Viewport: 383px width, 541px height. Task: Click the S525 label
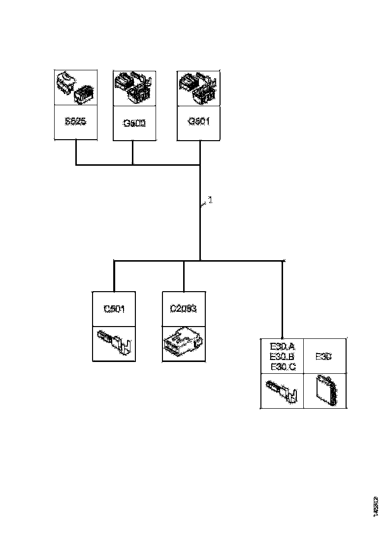click(75, 121)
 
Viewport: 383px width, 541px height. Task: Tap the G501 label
click(199, 121)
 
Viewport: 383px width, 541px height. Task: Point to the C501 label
click(114, 309)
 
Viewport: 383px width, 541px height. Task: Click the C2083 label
click(183, 309)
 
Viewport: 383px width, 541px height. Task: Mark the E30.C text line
click(283, 367)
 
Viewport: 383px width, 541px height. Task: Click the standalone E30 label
click(323, 357)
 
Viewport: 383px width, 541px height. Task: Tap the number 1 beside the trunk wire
click(209, 200)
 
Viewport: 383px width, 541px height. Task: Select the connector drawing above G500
click(134, 89)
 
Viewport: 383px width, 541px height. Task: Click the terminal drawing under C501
click(114, 343)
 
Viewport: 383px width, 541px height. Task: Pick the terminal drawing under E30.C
click(282, 391)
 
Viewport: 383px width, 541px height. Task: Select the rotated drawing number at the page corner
click(376, 505)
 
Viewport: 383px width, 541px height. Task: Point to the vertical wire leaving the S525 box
click(75, 152)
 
